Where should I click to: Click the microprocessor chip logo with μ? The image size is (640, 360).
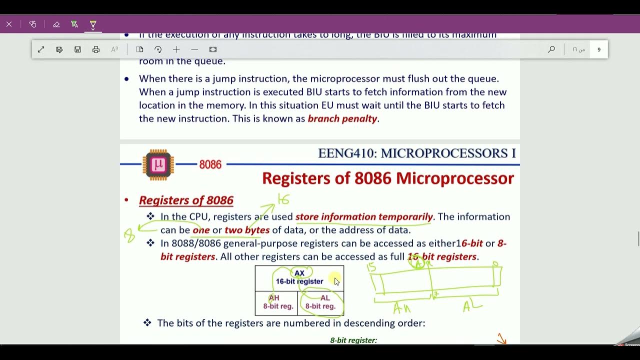click(x=158, y=164)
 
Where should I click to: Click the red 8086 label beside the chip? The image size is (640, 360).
click(x=210, y=164)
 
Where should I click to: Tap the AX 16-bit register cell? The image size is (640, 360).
click(x=299, y=277)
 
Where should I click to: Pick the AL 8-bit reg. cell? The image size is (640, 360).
click(x=320, y=302)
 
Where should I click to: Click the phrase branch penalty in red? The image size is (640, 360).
click(x=342, y=118)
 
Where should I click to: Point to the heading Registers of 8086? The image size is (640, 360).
click(x=186, y=200)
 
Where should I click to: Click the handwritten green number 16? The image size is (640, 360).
click(x=283, y=199)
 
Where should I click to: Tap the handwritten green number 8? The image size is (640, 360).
click(x=130, y=235)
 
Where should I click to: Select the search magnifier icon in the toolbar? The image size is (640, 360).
click(x=551, y=49)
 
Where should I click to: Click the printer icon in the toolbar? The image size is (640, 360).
click(x=96, y=49)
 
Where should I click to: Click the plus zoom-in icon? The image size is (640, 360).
click(x=176, y=49)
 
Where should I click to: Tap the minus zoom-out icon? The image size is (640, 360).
click(x=194, y=49)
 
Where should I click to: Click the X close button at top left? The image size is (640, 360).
click(x=9, y=24)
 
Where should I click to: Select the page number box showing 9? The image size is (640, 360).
click(x=598, y=49)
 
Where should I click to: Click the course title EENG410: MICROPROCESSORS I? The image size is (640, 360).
click(x=416, y=153)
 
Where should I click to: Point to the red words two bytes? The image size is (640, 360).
click(x=247, y=230)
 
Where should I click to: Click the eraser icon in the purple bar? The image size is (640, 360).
click(x=56, y=24)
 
